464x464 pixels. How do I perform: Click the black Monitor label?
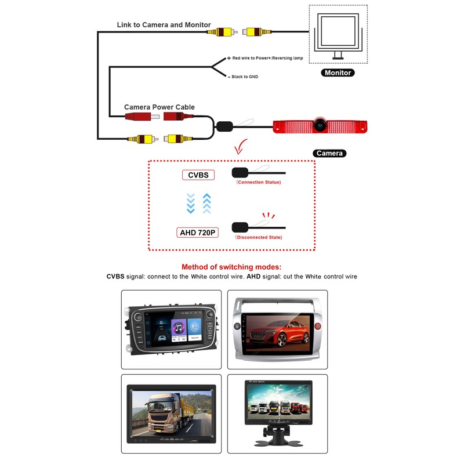[x=337, y=73]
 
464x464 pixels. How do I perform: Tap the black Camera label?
[x=329, y=154]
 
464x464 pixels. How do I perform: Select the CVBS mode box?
[x=198, y=175]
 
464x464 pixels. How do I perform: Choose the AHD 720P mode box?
[x=198, y=232]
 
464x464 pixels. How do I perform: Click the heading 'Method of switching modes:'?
[x=231, y=267]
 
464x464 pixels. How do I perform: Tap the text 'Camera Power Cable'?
[x=159, y=107]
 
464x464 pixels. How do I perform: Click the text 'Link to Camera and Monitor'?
[x=164, y=25]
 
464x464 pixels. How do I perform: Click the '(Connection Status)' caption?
[x=258, y=182]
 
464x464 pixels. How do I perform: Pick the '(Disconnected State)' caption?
[x=258, y=238]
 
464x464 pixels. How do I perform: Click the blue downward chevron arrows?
[x=190, y=203]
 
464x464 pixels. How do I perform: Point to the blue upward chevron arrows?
[x=206, y=203]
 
